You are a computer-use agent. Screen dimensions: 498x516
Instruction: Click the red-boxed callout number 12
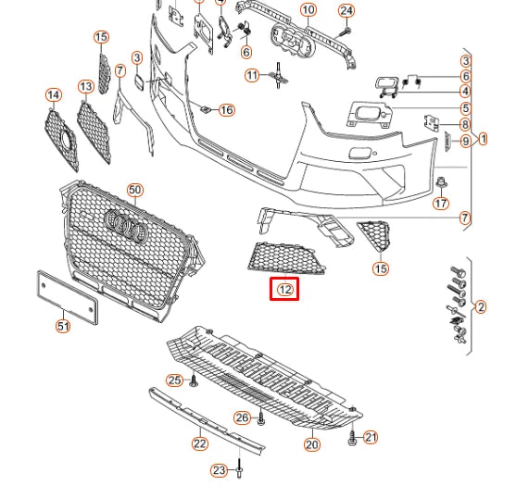(x=285, y=290)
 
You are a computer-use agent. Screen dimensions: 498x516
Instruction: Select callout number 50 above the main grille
(x=135, y=190)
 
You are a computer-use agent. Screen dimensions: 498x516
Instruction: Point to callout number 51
(x=62, y=326)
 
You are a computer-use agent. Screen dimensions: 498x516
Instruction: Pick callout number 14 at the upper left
(x=53, y=95)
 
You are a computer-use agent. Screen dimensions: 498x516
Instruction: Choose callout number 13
(x=85, y=86)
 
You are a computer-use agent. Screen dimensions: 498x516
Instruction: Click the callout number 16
(x=226, y=110)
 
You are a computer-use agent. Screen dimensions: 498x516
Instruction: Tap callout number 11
(x=252, y=75)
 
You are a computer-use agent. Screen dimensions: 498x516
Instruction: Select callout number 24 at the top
(x=346, y=11)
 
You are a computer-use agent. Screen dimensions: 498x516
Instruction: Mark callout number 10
(x=308, y=11)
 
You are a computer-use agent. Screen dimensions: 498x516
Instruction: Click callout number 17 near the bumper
(x=441, y=203)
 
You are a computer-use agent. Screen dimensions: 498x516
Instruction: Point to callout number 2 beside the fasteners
(x=480, y=306)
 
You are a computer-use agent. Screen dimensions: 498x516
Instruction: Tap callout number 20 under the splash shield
(x=311, y=445)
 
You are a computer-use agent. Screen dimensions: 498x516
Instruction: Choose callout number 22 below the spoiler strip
(x=200, y=443)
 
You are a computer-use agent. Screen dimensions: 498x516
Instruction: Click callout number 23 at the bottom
(x=219, y=471)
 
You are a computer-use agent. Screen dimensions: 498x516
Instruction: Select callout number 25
(x=174, y=380)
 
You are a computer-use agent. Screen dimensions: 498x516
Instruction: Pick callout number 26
(x=242, y=417)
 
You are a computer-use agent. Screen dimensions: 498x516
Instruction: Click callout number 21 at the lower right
(x=371, y=437)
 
